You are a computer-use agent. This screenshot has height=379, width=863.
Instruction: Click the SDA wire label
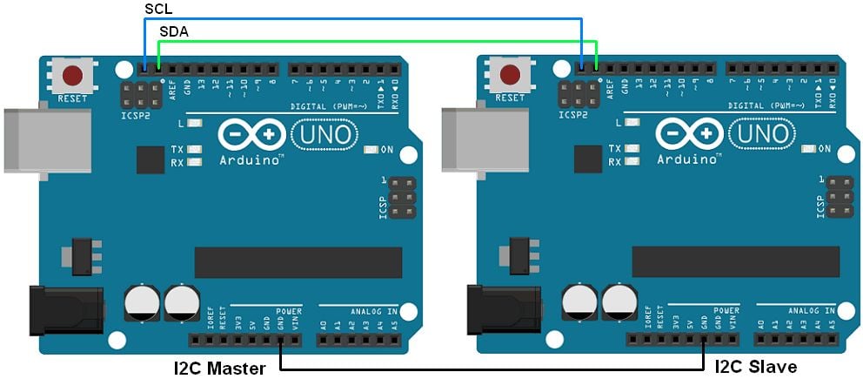(172, 31)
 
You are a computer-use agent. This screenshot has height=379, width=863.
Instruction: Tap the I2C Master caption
(219, 368)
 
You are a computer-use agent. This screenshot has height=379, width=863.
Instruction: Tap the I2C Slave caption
(756, 367)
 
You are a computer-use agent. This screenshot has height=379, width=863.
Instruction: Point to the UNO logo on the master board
(323, 134)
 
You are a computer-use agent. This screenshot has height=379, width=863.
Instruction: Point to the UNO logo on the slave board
(761, 134)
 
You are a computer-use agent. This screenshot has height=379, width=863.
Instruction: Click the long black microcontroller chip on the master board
(298, 261)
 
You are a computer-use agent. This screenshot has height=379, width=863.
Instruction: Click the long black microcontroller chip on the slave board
(736, 261)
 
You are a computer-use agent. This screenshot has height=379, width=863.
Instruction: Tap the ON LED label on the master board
(387, 150)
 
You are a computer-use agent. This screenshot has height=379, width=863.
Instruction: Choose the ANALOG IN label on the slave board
(810, 310)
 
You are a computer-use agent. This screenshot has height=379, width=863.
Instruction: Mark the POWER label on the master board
(289, 310)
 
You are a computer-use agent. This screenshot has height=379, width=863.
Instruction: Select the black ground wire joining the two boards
(492, 370)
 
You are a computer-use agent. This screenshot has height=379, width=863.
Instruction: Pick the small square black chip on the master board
(150, 159)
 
